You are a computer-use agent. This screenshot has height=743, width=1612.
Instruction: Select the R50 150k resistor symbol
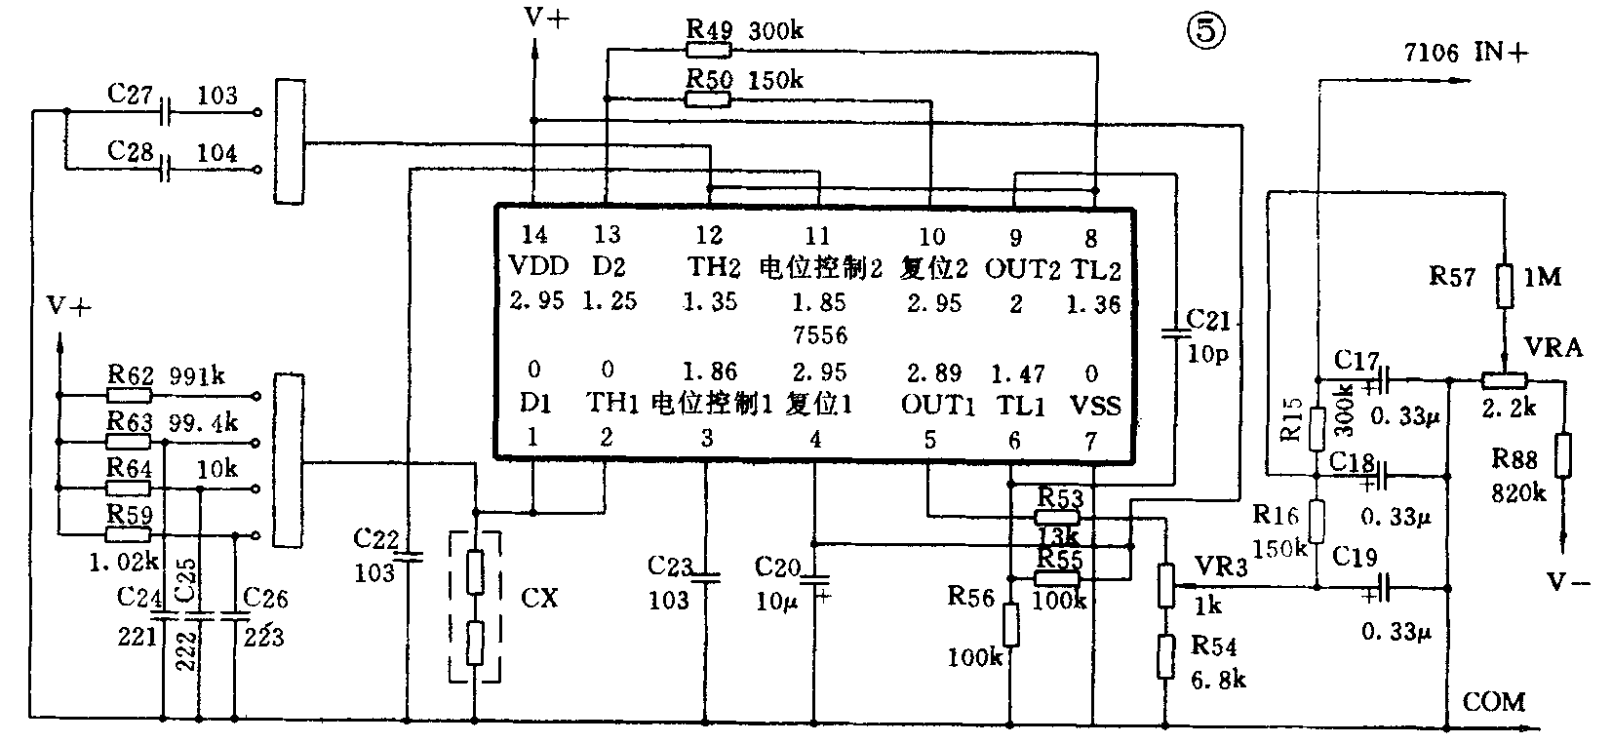pos(709,98)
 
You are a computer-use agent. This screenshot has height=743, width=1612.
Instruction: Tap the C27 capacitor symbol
pos(167,113)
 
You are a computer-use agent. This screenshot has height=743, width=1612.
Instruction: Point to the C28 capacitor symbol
pos(167,170)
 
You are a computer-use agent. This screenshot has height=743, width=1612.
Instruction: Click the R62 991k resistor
pos(130,396)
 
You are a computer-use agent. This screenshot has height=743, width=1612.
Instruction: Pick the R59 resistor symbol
pos(130,534)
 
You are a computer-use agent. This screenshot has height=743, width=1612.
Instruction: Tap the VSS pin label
pos(1095,406)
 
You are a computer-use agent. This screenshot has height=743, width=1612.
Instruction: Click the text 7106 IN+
pos(1465,53)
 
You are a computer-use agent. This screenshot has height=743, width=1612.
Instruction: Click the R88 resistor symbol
pos(1563,455)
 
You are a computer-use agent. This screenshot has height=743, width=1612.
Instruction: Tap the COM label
pos(1494,701)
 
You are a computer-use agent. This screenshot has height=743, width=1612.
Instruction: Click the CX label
pos(539,597)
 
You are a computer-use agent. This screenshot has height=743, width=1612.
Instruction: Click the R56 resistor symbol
pos(1011,624)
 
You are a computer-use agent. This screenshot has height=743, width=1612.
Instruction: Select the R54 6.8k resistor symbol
pos(1165,656)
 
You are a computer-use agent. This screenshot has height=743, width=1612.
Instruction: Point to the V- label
pos(1569,582)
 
